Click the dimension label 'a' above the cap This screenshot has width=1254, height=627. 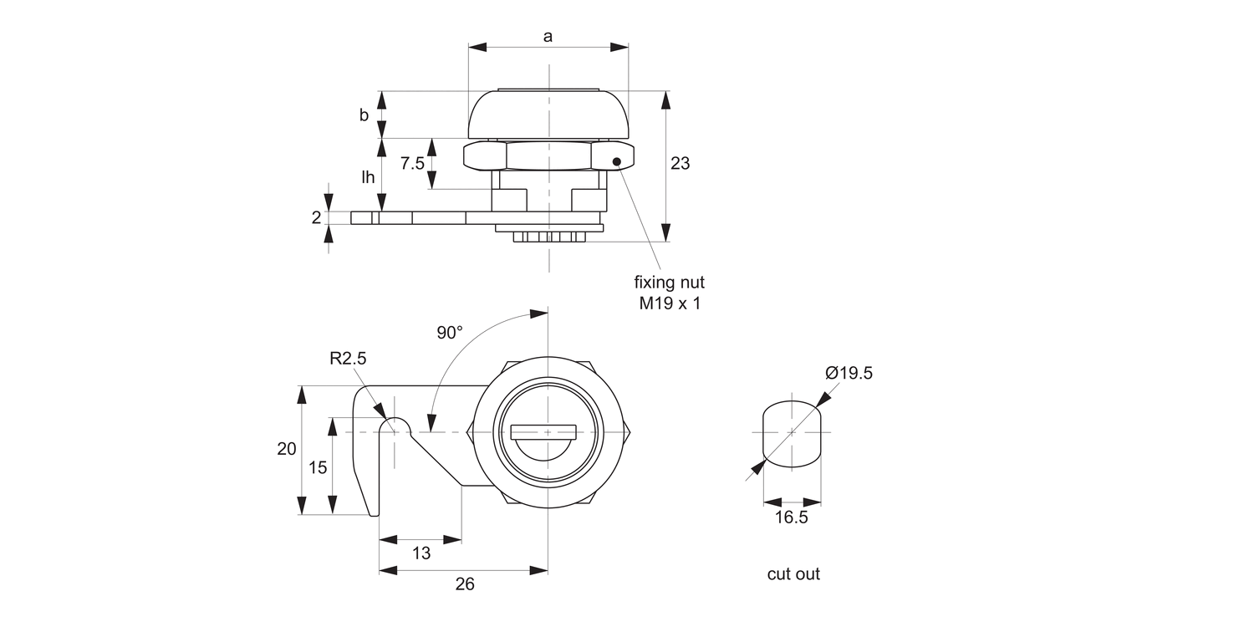point(548,36)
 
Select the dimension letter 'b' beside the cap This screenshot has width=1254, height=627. point(364,115)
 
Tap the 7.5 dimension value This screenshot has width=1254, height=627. point(412,164)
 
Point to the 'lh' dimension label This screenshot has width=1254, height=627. point(368,177)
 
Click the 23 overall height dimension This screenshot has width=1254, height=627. point(681,164)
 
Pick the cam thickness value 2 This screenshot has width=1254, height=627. point(316,217)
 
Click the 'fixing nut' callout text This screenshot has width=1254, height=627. point(669,283)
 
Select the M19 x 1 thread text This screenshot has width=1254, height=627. point(670,303)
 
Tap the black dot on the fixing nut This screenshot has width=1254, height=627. point(617,162)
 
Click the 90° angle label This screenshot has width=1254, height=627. point(449,333)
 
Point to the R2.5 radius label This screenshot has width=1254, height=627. point(348,359)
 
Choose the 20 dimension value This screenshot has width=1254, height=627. point(287,449)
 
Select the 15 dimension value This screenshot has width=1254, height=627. point(318,467)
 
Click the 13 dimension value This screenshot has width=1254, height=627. point(421,553)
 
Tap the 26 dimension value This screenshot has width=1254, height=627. point(465,584)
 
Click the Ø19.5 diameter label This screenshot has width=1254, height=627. point(849,374)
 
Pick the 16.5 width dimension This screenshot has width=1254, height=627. point(791,517)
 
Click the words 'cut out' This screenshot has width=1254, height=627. point(793,574)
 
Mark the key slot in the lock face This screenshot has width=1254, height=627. point(544,432)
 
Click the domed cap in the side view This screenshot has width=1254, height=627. point(548,115)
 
